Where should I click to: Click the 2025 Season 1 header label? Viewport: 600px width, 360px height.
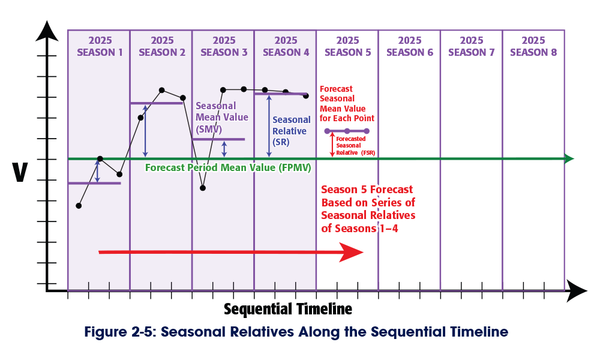[x=100, y=46]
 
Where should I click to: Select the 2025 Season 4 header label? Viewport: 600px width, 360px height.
[x=286, y=46]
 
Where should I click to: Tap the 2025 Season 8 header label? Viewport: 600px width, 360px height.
[x=533, y=46]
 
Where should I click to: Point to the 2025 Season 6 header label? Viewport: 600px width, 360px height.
[x=410, y=46]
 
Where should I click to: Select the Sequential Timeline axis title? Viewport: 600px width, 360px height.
[x=287, y=310]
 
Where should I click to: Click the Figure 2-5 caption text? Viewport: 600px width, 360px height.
[x=296, y=332]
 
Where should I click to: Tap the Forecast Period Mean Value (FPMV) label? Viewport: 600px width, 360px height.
[x=228, y=169]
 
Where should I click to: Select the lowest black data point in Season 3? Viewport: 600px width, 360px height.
[x=203, y=188]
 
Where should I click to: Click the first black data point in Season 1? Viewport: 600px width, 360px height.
[x=79, y=206]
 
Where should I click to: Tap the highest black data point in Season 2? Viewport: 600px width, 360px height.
[x=162, y=90]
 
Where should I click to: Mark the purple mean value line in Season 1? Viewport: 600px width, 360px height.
[x=94, y=183]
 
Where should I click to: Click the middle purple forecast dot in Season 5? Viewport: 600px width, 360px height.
[x=347, y=131]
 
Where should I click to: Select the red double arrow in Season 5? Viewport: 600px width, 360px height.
[x=332, y=145]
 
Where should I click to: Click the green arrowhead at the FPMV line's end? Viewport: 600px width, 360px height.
[x=569, y=159]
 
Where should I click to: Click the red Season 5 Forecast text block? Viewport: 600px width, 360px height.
[x=368, y=208]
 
